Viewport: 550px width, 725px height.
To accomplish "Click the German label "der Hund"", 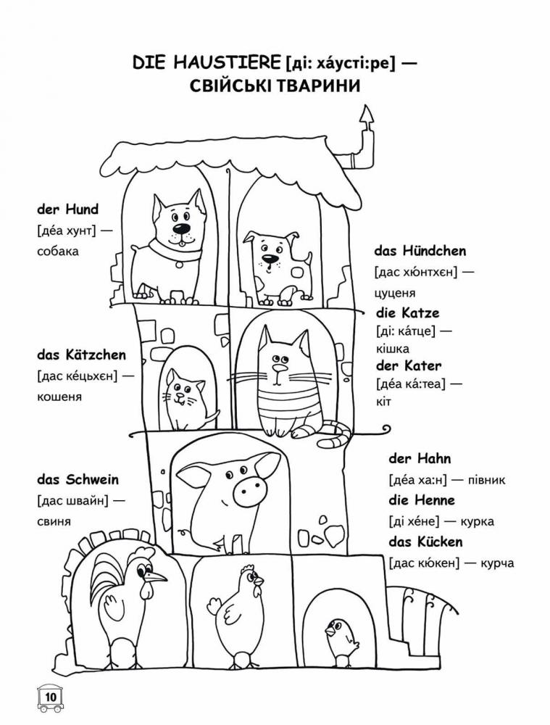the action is [x=67, y=210].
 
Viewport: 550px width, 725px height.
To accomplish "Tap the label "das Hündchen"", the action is [x=420, y=251].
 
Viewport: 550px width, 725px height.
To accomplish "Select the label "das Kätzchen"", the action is [x=81, y=355].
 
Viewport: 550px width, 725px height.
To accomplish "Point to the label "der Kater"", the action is [x=409, y=365].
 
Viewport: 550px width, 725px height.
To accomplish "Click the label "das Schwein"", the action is [x=78, y=479].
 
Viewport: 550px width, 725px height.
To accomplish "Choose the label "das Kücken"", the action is [x=425, y=542].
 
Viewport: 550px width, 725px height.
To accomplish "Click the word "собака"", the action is [x=58, y=252].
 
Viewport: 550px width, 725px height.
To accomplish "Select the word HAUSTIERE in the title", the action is [x=227, y=62].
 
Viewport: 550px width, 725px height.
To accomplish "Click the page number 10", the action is [x=50, y=696].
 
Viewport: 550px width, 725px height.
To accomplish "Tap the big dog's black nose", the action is [x=182, y=229].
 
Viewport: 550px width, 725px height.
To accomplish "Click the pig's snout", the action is [x=249, y=491].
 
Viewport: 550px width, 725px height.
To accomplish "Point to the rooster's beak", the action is [x=156, y=576].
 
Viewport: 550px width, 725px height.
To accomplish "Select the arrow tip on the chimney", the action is [x=367, y=115].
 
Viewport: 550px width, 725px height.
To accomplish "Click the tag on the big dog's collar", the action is [x=178, y=265].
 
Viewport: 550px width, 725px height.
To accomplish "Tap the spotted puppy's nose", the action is [x=267, y=257].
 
